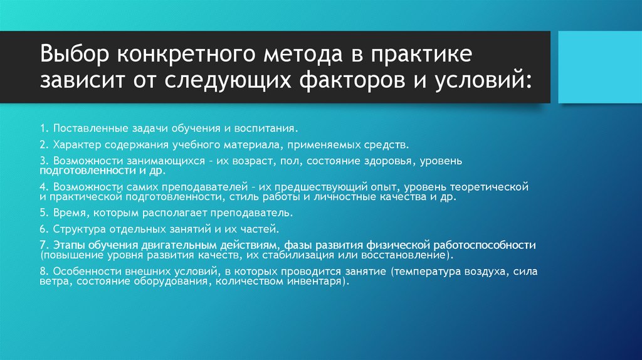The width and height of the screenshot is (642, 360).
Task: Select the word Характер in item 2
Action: click(75, 145)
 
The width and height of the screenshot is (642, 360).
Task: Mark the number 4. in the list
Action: click(44, 187)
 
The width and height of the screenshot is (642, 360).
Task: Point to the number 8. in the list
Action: click(44, 272)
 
